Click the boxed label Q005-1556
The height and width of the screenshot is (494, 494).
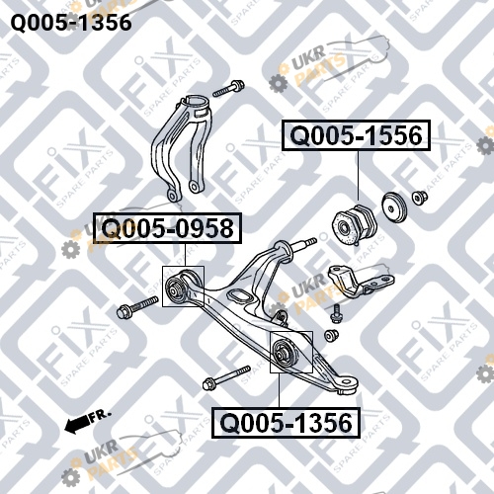point(356,135)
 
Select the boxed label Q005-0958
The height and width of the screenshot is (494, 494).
point(168,228)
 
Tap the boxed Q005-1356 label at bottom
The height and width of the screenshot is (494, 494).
point(286,423)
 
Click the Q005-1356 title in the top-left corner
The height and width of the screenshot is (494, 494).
point(71,23)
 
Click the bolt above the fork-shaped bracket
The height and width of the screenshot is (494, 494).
point(228,88)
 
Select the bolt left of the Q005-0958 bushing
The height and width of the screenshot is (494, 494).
point(137,307)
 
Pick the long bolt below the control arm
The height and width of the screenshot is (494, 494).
point(227,377)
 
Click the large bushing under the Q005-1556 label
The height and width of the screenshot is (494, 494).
point(354,224)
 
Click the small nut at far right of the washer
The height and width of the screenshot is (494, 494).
point(420,198)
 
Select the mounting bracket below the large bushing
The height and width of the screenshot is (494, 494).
point(361,281)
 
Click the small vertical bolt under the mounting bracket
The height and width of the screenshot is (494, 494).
point(336,313)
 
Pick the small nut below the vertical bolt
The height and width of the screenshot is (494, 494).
point(331,336)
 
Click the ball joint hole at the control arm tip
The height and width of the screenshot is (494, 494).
point(346,383)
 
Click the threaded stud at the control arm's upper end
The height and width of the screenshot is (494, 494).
point(303,244)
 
